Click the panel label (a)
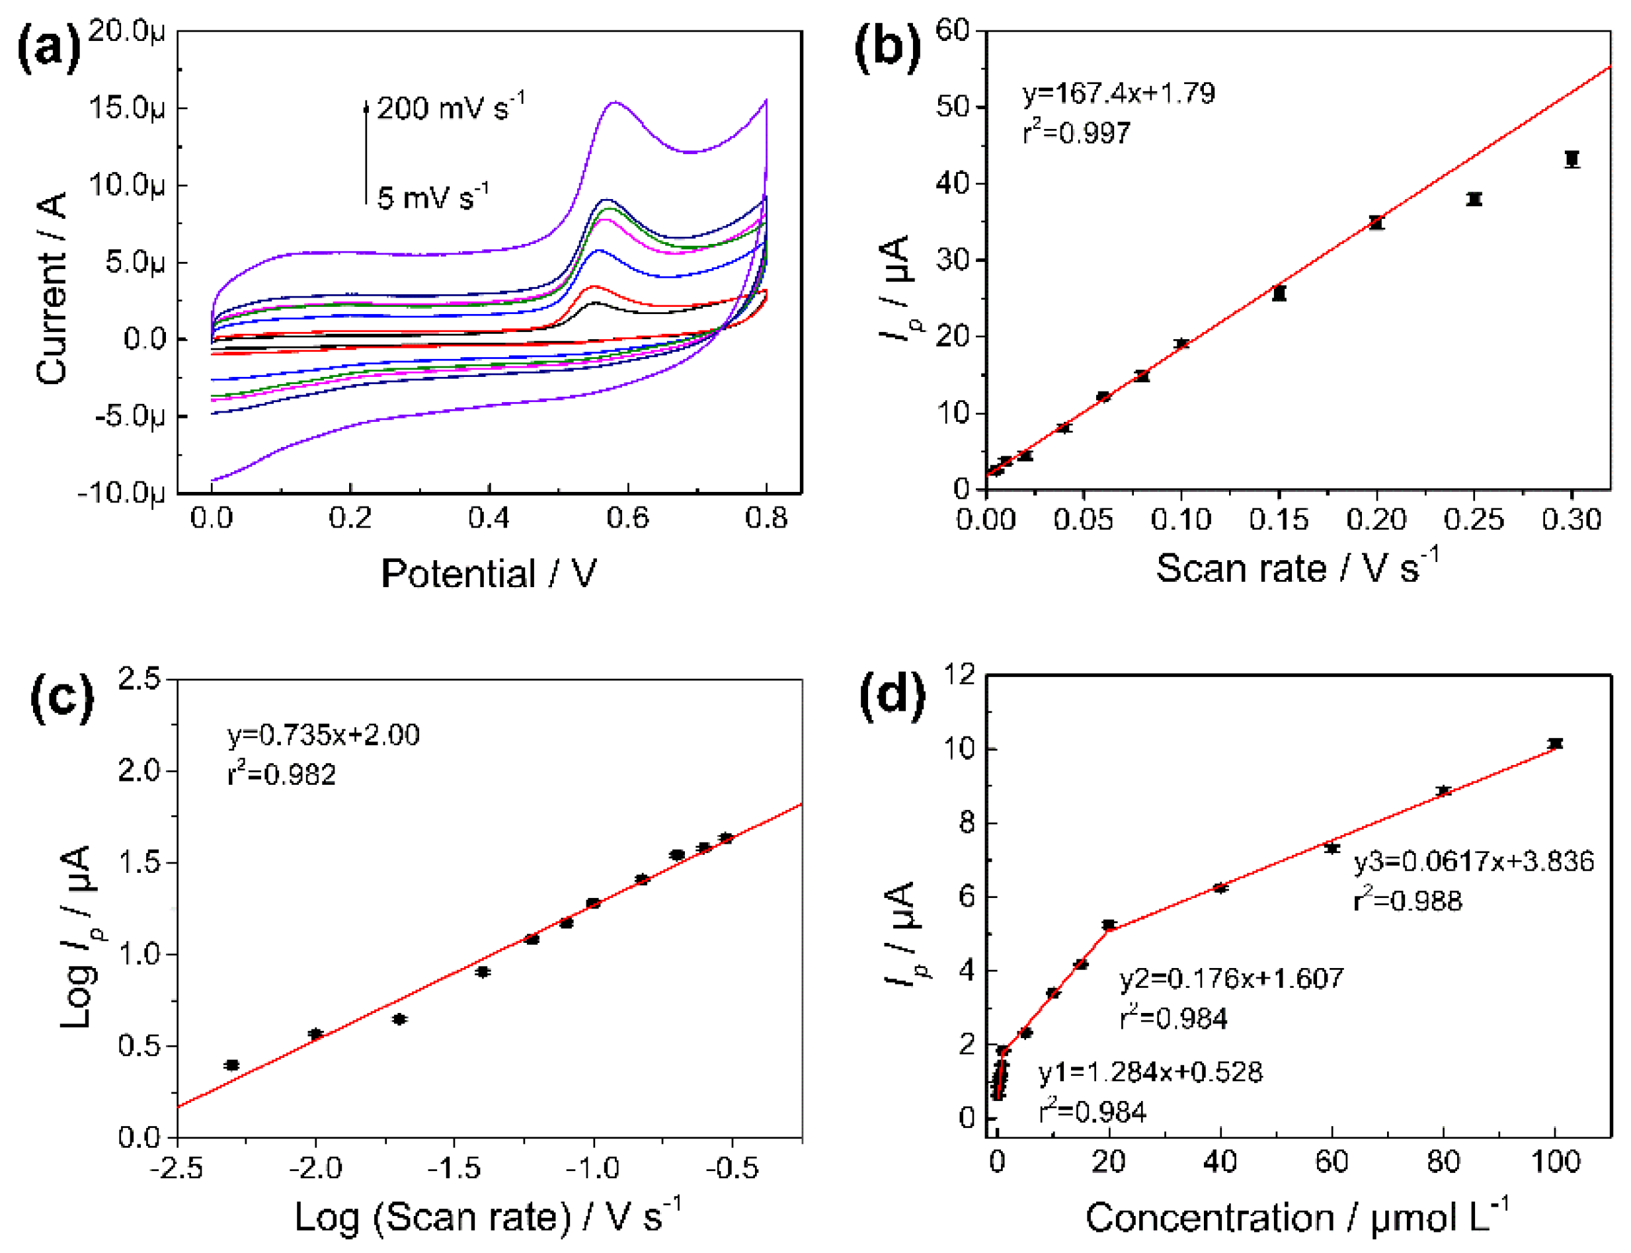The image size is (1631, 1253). pyautogui.click(x=48, y=48)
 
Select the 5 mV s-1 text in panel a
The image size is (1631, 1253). pyautogui.click(x=432, y=197)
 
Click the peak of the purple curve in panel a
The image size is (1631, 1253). pyautogui.click(x=614, y=102)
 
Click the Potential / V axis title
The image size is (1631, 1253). pyautogui.click(x=489, y=573)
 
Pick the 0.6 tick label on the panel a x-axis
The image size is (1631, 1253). pyautogui.click(x=627, y=518)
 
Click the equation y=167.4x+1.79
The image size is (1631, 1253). pyautogui.click(x=1118, y=93)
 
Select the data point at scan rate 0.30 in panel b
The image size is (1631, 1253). pyautogui.click(x=1572, y=159)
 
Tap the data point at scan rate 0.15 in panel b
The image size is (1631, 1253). pyautogui.click(x=1279, y=293)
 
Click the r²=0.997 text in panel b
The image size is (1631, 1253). pyautogui.click(x=1076, y=133)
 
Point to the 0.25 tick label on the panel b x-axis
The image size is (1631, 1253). pyautogui.click(x=1474, y=519)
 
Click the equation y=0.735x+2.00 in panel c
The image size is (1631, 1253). pyautogui.click(x=323, y=735)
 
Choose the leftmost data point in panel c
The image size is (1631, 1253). pyautogui.click(x=232, y=1065)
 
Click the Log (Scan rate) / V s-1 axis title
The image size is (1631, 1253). pyautogui.click(x=489, y=1217)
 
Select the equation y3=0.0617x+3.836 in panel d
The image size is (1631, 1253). pyautogui.click(x=1474, y=862)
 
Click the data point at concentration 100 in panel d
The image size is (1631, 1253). pyautogui.click(x=1555, y=744)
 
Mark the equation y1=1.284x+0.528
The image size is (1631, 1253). pyautogui.click(x=1150, y=1072)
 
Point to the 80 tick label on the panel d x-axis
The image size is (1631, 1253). pyautogui.click(x=1443, y=1162)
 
